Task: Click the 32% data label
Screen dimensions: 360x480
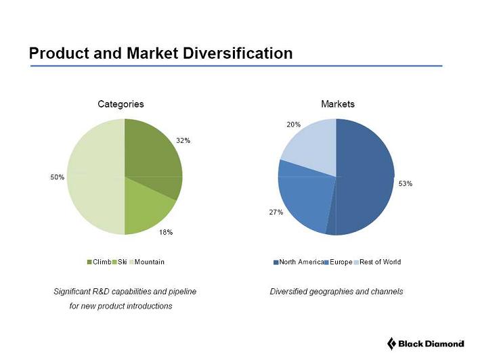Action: pos(183,140)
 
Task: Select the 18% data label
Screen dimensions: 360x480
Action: pos(166,232)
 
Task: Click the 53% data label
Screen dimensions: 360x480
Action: pos(406,183)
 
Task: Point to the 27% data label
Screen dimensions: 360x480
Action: pos(276,212)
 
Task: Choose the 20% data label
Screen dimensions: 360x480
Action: pos(292,125)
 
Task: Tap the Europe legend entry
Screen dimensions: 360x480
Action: pos(341,262)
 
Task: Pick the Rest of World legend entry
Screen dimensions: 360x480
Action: pos(380,262)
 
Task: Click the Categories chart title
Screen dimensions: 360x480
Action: pos(121,104)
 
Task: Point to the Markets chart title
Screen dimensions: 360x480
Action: pos(337,104)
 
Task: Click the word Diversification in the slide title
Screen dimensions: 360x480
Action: pos(238,53)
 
